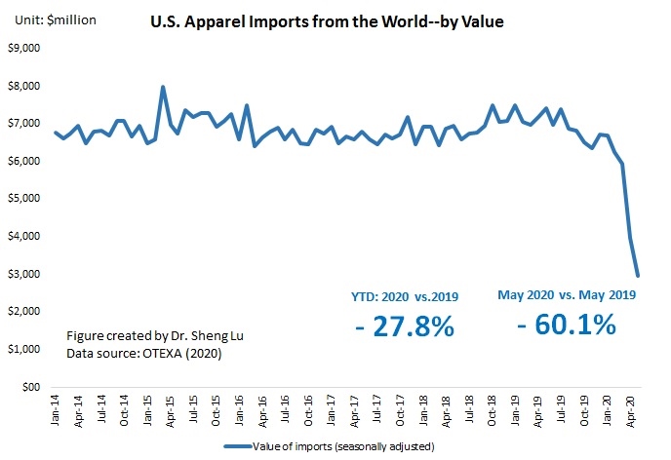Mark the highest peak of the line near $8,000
point(162,87)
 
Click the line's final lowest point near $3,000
point(638,276)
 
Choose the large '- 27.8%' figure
point(404,326)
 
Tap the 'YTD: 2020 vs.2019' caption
point(404,295)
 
